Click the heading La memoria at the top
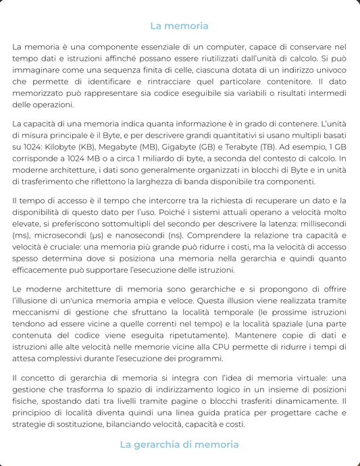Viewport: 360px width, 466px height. tap(179, 26)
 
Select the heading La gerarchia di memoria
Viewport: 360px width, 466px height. tap(179, 444)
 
